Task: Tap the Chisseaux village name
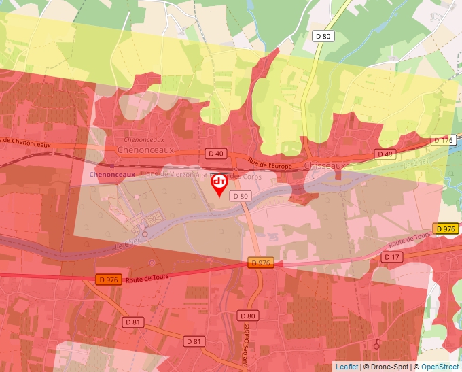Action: pyautogui.click(x=326, y=165)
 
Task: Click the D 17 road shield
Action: pyautogui.click(x=391, y=257)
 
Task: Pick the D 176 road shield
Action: pyautogui.click(x=443, y=141)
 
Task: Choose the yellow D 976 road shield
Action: pyautogui.click(x=446, y=229)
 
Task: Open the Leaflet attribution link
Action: pyautogui.click(x=346, y=367)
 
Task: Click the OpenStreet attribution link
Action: pyautogui.click(x=440, y=367)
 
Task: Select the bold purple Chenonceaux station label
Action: pyautogui.click(x=112, y=175)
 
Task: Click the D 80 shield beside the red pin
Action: pyautogui.click(x=240, y=196)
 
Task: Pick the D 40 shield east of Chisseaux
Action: pyautogui.click(x=385, y=154)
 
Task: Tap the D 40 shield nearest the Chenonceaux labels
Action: pyautogui.click(x=215, y=154)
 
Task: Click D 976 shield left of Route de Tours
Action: pyautogui.click(x=109, y=279)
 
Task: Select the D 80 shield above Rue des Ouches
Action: pyautogui.click(x=248, y=316)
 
